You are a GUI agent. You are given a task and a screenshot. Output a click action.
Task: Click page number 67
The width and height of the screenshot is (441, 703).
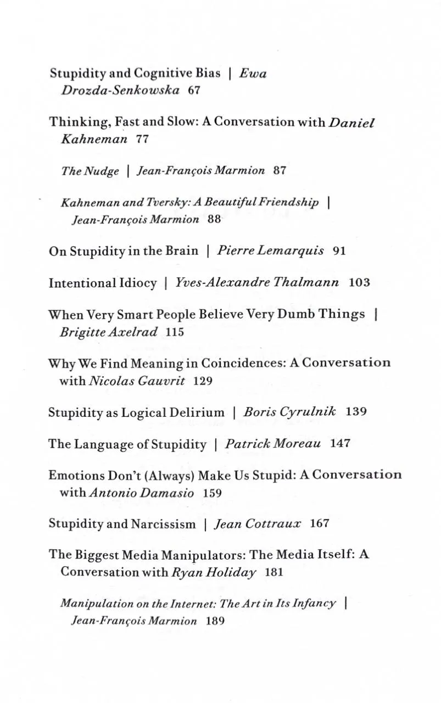coord(193,90)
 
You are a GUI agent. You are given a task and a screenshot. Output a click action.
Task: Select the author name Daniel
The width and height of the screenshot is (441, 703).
coord(351,122)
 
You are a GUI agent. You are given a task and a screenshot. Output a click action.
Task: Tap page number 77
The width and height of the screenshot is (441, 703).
coord(142,139)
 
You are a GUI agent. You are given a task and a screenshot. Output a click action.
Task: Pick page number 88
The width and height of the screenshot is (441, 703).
coord(214,219)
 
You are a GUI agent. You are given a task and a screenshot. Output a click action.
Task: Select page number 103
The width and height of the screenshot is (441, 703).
coord(359,283)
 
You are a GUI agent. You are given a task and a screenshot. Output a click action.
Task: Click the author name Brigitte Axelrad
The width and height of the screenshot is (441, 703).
coord(109,332)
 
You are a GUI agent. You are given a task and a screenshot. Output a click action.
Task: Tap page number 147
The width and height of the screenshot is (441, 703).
coord(340,444)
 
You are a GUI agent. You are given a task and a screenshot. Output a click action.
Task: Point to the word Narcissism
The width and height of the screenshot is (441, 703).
coord(163,524)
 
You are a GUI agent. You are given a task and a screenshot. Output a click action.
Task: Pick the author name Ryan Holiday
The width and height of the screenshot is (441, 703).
coord(214,572)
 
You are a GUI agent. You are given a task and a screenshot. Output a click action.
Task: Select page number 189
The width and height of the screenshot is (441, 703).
coord(215,621)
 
